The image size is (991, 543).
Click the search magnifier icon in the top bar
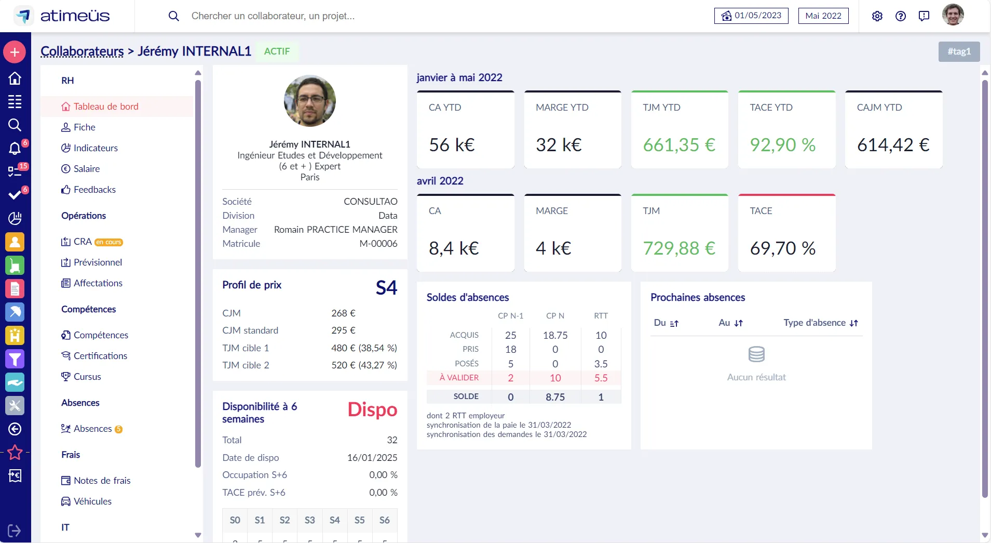(174, 16)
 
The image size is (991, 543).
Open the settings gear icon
(877, 16)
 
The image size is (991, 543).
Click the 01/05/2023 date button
(751, 16)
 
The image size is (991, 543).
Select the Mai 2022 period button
(823, 16)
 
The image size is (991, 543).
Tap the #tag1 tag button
(959, 51)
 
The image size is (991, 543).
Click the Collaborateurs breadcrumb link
(82, 51)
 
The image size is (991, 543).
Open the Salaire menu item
(86, 169)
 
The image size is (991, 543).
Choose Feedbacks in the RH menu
(94, 190)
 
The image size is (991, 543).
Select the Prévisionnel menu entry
(98, 262)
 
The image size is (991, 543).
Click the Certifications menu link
(100, 356)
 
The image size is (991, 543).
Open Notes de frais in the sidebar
(102, 481)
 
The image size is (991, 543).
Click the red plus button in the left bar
(15, 52)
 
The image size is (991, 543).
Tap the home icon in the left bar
(15, 78)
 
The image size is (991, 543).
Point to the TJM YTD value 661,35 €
(679, 145)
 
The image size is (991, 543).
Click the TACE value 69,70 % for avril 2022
(782, 248)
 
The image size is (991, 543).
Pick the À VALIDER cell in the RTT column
(601, 378)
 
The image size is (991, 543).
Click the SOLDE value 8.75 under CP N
(555, 397)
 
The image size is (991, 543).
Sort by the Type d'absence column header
(820, 323)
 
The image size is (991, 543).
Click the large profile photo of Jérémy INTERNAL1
(310, 101)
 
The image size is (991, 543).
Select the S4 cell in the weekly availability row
(335, 520)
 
